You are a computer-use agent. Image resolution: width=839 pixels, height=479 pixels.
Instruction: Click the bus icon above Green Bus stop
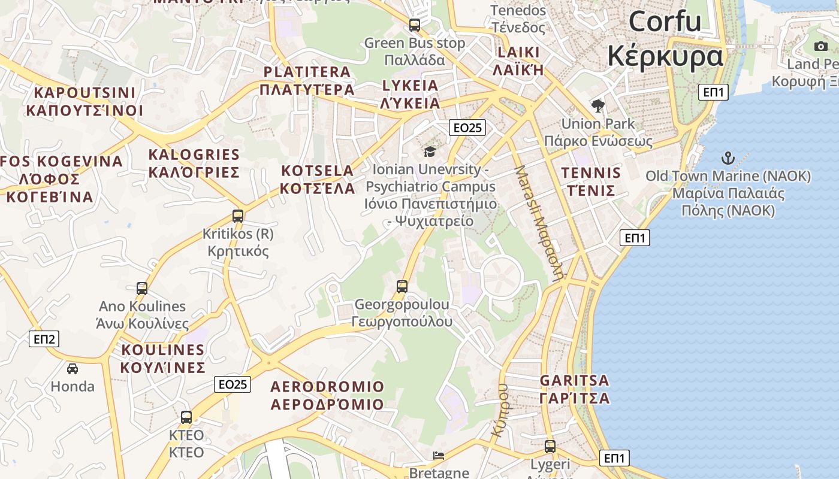pos(414,25)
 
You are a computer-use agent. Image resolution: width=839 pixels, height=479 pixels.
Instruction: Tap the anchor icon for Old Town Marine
pos(728,159)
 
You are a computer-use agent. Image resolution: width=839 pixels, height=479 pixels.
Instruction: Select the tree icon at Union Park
pos(597,107)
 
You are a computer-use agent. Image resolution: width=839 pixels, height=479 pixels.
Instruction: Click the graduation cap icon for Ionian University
pos(430,151)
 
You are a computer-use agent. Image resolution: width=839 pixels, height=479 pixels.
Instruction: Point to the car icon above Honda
pos(73,368)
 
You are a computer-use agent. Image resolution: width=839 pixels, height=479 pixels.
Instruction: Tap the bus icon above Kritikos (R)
pos(238,216)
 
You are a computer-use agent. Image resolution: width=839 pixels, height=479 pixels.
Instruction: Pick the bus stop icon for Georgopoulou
pos(402,287)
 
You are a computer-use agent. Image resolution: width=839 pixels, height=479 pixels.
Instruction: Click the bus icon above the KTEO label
pos(186,417)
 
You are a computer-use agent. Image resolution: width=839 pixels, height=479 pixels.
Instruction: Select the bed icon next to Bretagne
pos(439,456)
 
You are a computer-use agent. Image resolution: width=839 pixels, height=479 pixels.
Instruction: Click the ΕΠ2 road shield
pos(44,339)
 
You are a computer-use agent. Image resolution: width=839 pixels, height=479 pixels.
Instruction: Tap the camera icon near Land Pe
pos(820,46)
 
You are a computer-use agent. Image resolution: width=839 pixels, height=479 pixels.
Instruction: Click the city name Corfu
pos(665,22)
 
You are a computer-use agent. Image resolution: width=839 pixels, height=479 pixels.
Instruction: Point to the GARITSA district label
pos(574,380)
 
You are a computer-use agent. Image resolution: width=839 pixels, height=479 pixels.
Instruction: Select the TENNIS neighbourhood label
pos(591,173)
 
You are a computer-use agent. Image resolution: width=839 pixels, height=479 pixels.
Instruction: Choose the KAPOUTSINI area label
pos(84,93)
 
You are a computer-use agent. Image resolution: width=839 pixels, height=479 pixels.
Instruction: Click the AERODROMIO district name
pos(327,386)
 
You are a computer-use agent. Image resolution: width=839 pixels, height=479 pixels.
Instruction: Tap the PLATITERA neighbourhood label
pos(307,72)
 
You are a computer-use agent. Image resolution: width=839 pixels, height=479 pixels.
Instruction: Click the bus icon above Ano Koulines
pos(142,289)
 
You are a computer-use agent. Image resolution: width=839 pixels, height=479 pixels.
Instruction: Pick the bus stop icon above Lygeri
pos(550,447)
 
